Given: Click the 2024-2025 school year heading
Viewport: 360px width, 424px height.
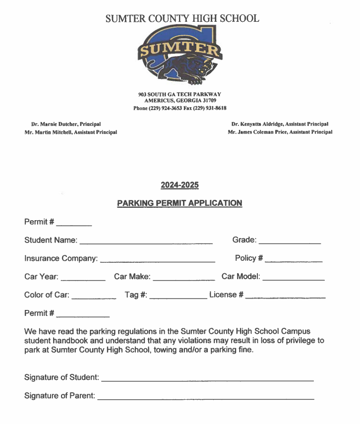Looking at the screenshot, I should (x=180, y=185).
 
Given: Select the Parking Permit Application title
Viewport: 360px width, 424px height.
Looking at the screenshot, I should (x=180, y=203).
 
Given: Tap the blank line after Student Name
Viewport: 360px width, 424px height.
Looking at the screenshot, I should (x=146, y=242).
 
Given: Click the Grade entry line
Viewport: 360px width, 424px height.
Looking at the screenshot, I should (x=290, y=242).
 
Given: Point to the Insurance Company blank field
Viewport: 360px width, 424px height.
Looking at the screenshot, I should (x=157, y=260).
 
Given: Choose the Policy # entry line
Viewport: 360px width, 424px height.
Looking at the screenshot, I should (x=294, y=260).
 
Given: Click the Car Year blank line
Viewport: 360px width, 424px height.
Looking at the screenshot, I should (x=83, y=279).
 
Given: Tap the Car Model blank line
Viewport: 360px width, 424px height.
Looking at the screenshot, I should (x=293, y=279).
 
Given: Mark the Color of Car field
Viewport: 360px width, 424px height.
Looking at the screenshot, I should (x=94, y=297).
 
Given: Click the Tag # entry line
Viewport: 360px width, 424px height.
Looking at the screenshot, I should (x=178, y=297).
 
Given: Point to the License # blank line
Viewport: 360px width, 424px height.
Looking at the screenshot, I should (x=285, y=297).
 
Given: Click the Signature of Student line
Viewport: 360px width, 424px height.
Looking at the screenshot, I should (x=207, y=379).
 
